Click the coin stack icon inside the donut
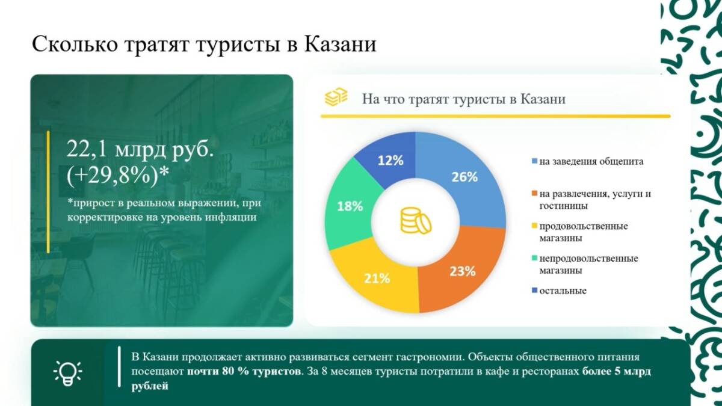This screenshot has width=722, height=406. [416, 220]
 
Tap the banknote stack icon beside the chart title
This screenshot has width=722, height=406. [336, 97]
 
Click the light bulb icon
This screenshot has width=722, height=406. [67, 373]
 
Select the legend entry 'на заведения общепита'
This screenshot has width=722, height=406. [588, 161]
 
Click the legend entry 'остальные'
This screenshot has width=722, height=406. [559, 291]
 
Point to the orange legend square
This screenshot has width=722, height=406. [534, 193]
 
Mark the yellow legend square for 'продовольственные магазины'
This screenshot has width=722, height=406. [534, 226]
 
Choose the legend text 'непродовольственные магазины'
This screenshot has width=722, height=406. [588, 264]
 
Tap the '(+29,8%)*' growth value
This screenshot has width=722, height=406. [118, 176]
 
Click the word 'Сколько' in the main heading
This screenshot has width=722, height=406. [75, 44]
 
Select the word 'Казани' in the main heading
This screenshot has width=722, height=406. [341, 44]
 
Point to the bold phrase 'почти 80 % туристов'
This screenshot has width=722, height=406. [244, 372]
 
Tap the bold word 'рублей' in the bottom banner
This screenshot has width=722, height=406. [150, 386]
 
